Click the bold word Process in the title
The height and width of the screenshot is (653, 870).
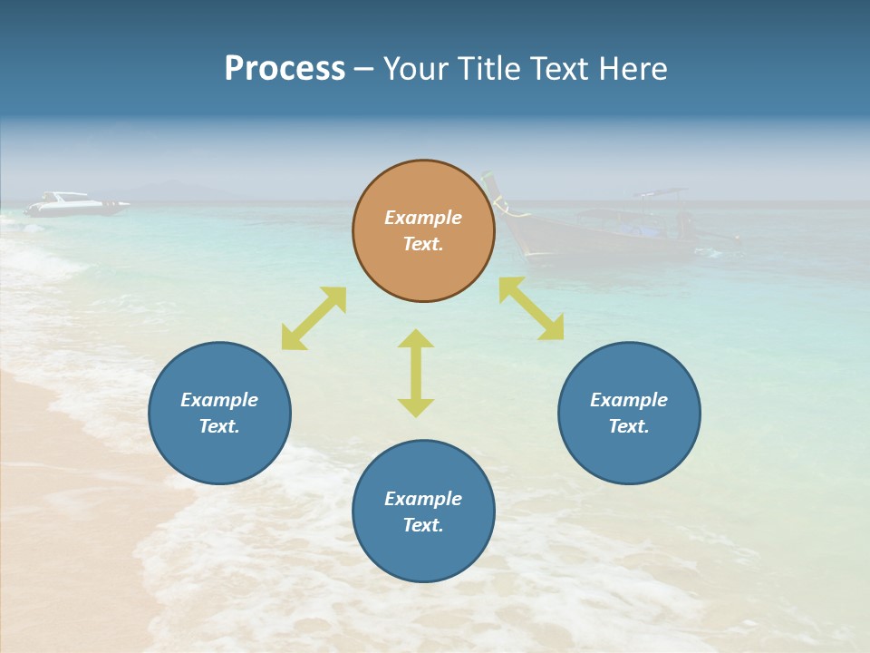285,69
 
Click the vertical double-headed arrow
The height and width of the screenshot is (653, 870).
416,373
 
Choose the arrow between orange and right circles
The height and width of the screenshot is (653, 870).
531,308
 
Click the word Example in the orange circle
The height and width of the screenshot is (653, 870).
423,218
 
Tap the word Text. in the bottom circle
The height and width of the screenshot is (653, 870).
423,525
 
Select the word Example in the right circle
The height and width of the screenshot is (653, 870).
629,400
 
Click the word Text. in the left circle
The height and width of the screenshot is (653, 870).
219,426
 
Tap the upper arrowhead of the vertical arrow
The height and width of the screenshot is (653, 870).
416,338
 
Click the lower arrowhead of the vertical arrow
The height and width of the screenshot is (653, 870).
416,407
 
